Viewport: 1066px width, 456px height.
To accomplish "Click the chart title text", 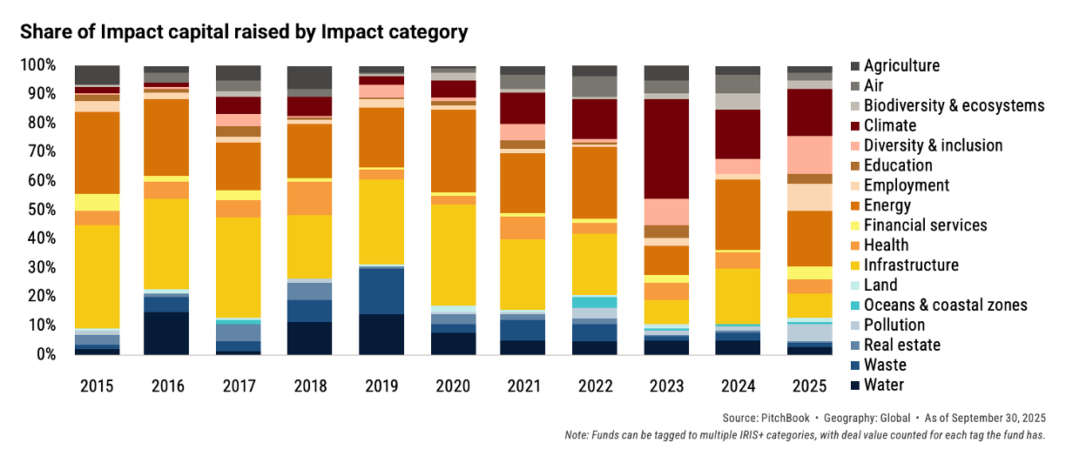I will (244, 33).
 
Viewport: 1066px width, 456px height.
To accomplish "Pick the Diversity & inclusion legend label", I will (933, 145).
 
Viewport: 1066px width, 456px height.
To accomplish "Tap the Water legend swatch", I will (855, 386).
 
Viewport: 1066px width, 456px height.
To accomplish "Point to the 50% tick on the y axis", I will (38, 210).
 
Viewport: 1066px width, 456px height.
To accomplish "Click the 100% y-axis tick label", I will (38, 65).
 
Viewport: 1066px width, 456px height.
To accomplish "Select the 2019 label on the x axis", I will (381, 384).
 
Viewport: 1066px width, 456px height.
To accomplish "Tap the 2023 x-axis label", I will (666, 384).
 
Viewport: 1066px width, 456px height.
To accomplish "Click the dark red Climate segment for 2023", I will (666, 148).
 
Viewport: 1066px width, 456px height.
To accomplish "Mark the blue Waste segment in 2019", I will (381, 291).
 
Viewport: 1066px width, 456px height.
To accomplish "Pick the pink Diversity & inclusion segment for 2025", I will (809, 155).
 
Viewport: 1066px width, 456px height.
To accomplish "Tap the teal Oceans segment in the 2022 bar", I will (595, 302).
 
